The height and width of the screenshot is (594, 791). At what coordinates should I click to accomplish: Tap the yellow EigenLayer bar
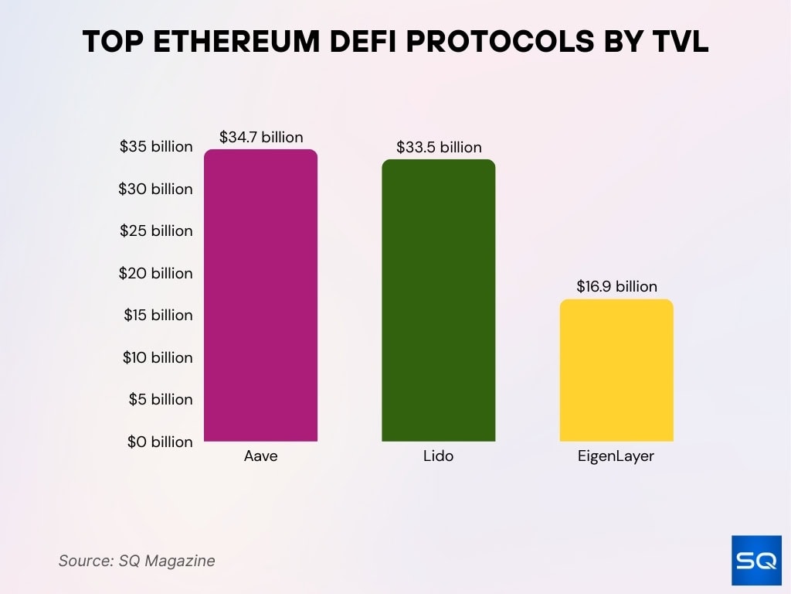click(616, 370)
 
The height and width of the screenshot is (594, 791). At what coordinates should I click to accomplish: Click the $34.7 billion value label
click(261, 137)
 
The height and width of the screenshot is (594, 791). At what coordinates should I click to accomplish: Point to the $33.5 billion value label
click(439, 147)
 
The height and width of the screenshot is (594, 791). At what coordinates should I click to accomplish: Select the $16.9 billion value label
click(616, 286)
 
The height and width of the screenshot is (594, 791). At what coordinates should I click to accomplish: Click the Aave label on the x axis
click(260, 456)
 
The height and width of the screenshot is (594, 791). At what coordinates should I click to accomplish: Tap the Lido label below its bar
click(438, 456)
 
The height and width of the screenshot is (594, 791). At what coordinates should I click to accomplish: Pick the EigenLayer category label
click(616, 456)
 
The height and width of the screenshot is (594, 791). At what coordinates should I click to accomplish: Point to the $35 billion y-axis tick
click(156, 147)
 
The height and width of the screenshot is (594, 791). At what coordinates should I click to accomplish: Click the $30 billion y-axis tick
click(156, 189)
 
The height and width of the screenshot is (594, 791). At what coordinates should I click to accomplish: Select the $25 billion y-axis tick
click(156, 230)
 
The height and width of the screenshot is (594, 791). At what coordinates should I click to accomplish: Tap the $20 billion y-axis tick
click(156, 273)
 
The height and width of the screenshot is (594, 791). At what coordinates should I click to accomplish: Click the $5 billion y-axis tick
click(159, 399)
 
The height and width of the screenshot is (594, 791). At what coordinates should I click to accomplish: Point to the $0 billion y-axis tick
click(159, 442)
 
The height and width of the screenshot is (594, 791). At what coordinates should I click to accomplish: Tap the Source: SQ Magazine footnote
click(137, 561)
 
